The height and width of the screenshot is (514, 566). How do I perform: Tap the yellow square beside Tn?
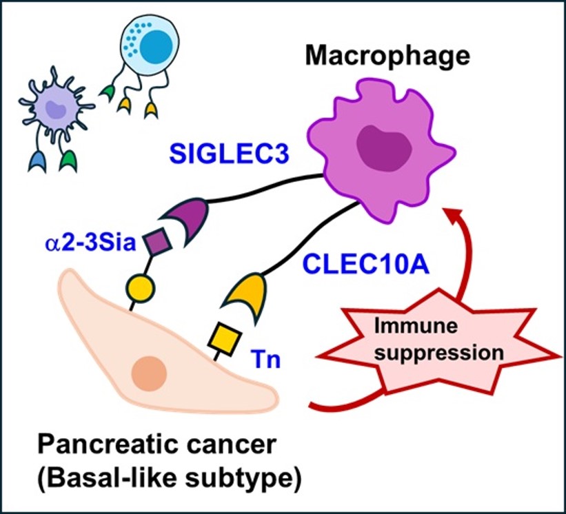click(x=225, y=336)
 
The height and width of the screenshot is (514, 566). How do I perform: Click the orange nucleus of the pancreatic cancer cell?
click(x=148, y=374)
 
